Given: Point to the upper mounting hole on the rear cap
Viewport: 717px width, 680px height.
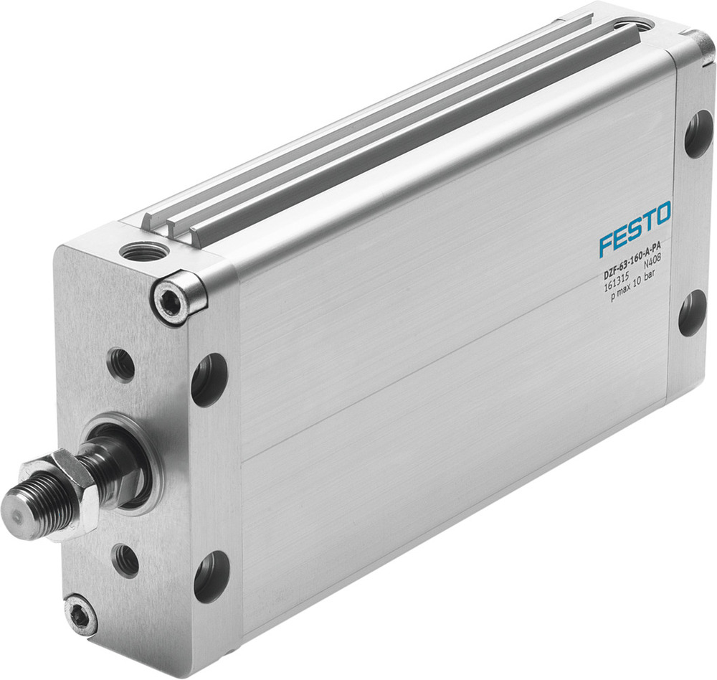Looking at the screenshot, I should coord(698,133).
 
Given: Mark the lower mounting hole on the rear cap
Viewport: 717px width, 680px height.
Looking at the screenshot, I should coord(692,313).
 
